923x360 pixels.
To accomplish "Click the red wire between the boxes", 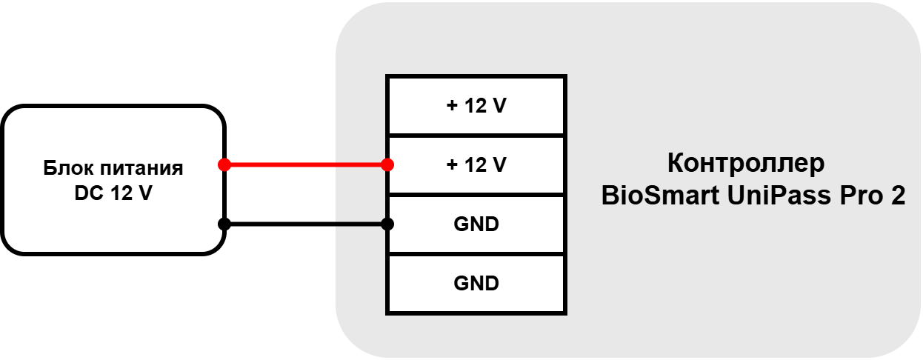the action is coord(306,164).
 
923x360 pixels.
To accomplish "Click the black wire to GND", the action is coord(306,224).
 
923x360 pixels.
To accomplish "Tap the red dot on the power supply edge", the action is coord(224,164).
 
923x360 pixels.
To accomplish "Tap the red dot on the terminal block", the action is coord(387,164).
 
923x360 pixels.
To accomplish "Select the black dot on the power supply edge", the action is coord(224,224).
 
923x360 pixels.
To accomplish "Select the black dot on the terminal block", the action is coord(387,224).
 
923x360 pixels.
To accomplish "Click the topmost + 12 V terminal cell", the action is coord(476,105).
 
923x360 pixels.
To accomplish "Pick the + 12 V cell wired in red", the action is coord(476,164).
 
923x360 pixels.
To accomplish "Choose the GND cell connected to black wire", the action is coord(476,224).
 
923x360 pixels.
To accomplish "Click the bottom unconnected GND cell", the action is coord(476,284).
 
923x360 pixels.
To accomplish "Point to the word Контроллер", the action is coord(746,164).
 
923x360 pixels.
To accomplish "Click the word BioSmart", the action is coord(660,195).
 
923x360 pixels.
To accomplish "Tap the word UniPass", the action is coord(779,196).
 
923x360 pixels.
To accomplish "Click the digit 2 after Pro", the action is coord(898,196).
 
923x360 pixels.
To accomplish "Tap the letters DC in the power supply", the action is coord(89,193).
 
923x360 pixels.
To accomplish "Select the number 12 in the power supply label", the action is coord(121,193).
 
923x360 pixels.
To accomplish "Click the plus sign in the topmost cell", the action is coord(452,105).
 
